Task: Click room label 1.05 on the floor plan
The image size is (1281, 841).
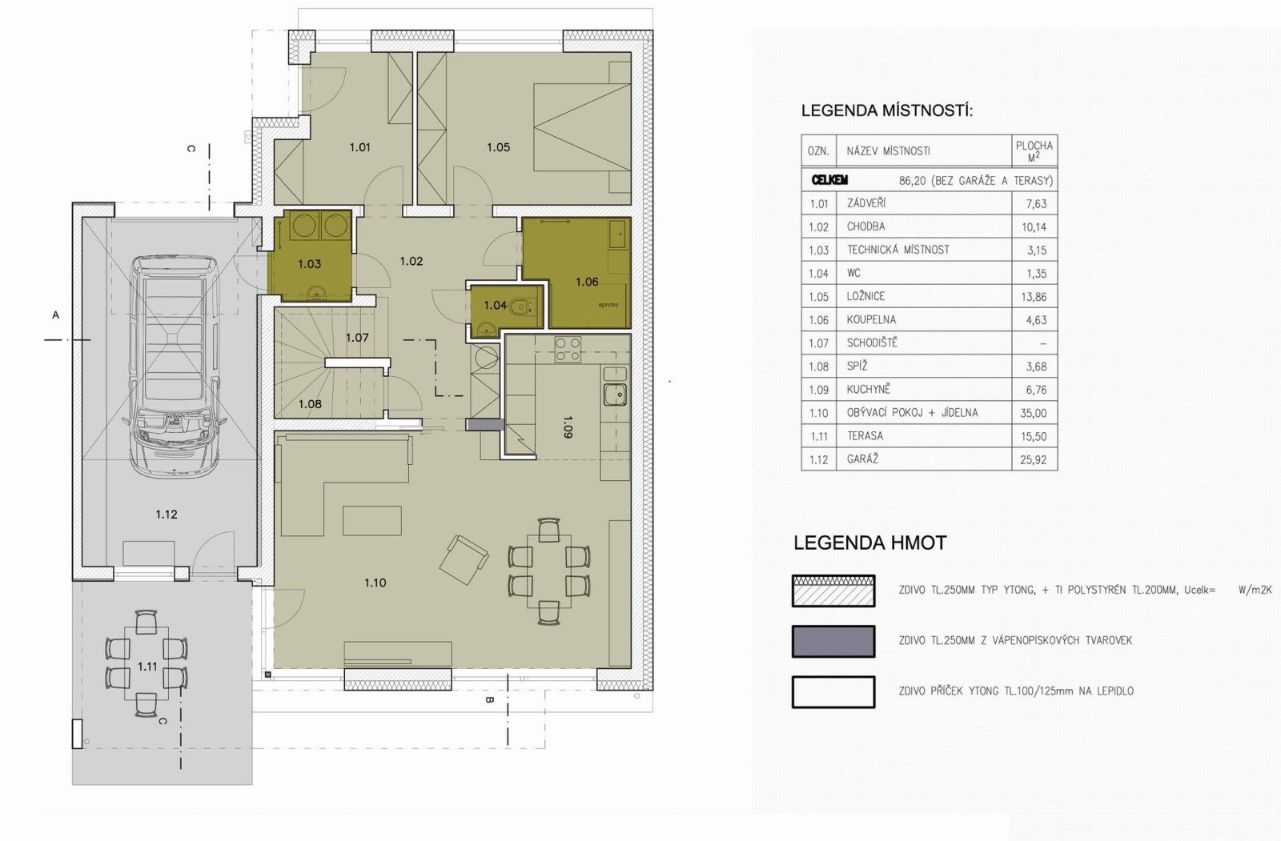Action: click(498, 147)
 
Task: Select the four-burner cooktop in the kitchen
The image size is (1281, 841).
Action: click(568, 350)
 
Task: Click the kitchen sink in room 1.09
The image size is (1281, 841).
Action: click(615, 394)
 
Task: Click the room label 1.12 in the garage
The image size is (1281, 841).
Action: click(167, 515)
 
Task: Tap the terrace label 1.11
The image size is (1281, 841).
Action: click(147, 667)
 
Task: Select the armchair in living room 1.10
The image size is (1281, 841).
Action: click(464, 559)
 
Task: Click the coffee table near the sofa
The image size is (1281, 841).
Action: click(371, 520)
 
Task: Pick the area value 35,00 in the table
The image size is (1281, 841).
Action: click(1034, 414)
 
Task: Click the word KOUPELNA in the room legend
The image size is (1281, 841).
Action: click(871, 320)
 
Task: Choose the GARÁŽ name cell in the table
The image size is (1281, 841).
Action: click(924, 459)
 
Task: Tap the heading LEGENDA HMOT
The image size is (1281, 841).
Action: click(869, 543)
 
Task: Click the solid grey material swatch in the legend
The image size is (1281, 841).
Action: click(833, 642)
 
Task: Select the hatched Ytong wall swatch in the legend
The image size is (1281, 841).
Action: click(833, 591)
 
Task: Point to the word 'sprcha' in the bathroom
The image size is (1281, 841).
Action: click(608, 305)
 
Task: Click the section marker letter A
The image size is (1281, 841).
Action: click(55, 315)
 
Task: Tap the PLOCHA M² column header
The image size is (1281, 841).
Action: click(1034, 151)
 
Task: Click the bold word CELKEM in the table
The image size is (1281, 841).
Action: click(829, 181)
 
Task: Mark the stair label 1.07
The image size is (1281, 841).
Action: click(357, 338)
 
